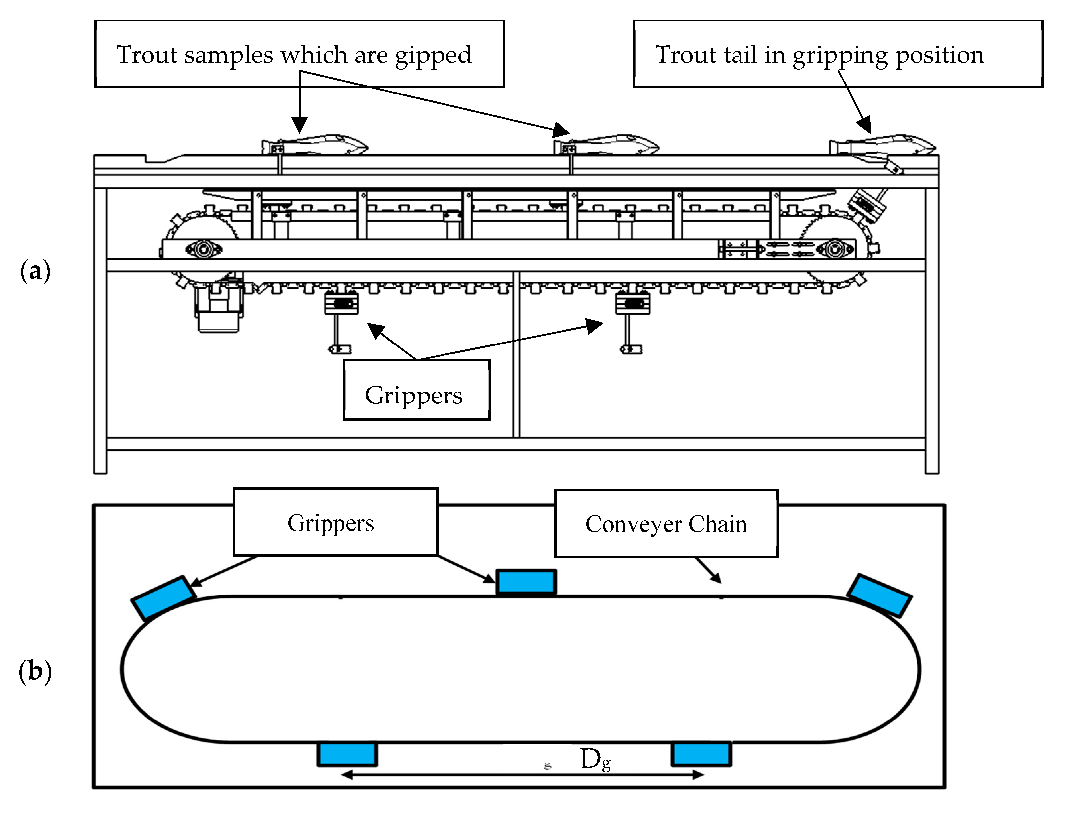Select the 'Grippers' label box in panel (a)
[416, 390]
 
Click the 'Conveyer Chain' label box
[666, 523]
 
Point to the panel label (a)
[35, 270]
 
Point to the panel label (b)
[35, 671]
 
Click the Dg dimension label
[595, 759]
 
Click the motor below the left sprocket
[219, 308]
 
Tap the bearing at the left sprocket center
[204, 250]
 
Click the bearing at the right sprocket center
[834, 250]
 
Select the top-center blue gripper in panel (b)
[526, 582]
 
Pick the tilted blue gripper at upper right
[879, 596]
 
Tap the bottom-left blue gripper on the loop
[347, 754]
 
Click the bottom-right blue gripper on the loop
[701, 754]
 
